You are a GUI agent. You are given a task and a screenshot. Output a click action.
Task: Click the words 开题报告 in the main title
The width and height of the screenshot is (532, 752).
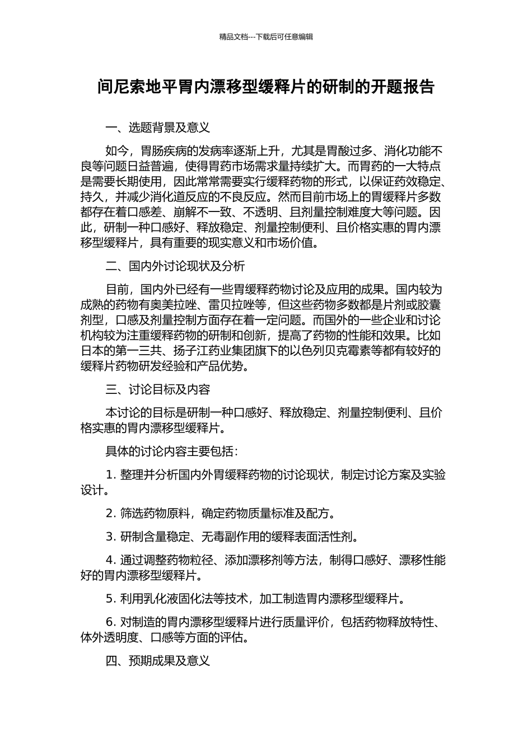tap(403, 87)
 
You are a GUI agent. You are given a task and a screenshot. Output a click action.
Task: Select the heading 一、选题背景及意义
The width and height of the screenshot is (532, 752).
tap(158, 128)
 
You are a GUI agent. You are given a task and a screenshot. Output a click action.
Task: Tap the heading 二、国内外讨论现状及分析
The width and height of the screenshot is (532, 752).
tap(175, 266)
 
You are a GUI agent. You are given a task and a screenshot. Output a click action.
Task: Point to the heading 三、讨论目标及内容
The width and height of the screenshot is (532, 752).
tap(158, 389)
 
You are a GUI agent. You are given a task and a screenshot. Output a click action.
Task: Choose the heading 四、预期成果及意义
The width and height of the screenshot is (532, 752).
tap(158, 661)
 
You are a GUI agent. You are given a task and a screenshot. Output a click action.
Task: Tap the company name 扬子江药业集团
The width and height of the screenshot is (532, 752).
tap(192, 351)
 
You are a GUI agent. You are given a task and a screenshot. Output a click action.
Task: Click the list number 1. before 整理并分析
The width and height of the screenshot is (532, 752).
tap(111, 475)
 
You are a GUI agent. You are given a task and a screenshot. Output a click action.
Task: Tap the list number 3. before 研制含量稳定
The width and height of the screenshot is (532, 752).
tap(111, 537)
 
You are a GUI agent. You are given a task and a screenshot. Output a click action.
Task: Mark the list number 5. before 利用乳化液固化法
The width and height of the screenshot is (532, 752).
tap(111, 599)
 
